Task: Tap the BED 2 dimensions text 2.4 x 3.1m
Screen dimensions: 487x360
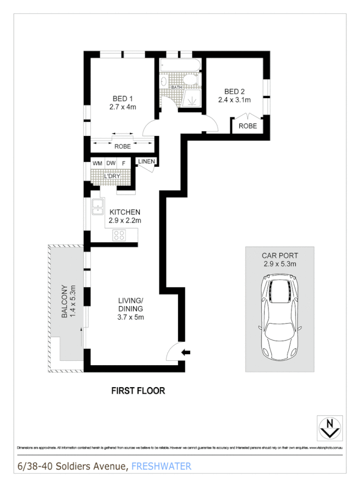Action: click(x=234, y=100)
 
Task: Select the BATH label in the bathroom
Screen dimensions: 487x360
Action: click(x=176, y=87)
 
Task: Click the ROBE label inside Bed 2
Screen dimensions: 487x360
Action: click(x=248, y=126)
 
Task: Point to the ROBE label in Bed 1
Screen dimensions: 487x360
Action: click(x=122, y=146)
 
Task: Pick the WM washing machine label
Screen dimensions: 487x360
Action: click(x=97, y=163)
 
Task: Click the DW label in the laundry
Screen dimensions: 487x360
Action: click(x=111, y=163)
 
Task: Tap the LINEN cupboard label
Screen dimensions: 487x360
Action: click(x=147, y=161)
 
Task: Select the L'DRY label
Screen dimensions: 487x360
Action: click(x=111, y=176)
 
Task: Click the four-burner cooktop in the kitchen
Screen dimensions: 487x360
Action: click(x=119, y=235)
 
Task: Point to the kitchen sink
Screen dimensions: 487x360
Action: click(x=98, y=207)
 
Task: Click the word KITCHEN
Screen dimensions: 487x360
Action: click(x=125, y=212)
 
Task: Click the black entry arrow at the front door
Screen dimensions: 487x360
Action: click(x=186, y=352)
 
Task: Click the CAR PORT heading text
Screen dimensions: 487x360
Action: click(x=279, y=256)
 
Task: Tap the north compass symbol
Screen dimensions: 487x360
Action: click(x=329, y=427)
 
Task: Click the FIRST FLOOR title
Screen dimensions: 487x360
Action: click(x=138, y=391)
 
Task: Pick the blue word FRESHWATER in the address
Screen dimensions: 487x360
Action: click(x=161, y=466)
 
